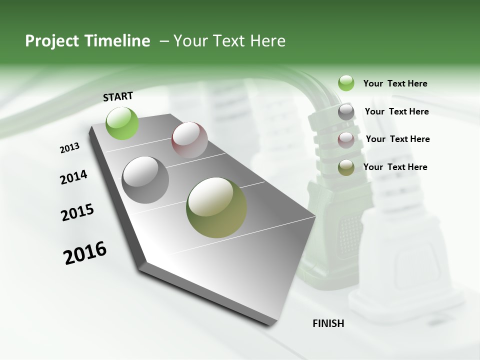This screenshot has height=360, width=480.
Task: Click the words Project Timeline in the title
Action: (87, 41)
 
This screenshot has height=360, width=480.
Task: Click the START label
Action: (118, 96)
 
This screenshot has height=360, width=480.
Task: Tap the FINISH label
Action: (328, 323)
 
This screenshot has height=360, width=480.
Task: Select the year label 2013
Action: (70, 148)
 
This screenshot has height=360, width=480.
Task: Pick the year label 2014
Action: (74, 177)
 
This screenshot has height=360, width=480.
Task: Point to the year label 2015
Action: (77, 212)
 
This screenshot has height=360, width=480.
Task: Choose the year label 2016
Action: (85, 253)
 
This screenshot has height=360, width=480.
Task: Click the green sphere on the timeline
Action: (122, 123)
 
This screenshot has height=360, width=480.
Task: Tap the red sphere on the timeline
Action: (189, 140)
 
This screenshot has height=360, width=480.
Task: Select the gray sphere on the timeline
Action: (145, 180)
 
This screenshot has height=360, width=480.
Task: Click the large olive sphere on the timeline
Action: (216, 207)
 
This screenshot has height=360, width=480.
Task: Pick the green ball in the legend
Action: (346, 83)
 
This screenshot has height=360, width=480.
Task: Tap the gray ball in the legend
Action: (346, 112)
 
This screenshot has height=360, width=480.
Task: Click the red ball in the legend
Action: (346, 140)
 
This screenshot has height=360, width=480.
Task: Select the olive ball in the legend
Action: (346, 168)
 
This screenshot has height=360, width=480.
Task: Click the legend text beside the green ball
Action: (395, 83)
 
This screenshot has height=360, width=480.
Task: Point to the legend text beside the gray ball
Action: (396, 111)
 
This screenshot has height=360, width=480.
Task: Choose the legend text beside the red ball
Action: (397, 139)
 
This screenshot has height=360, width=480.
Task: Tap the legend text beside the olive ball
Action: (395, 167)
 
